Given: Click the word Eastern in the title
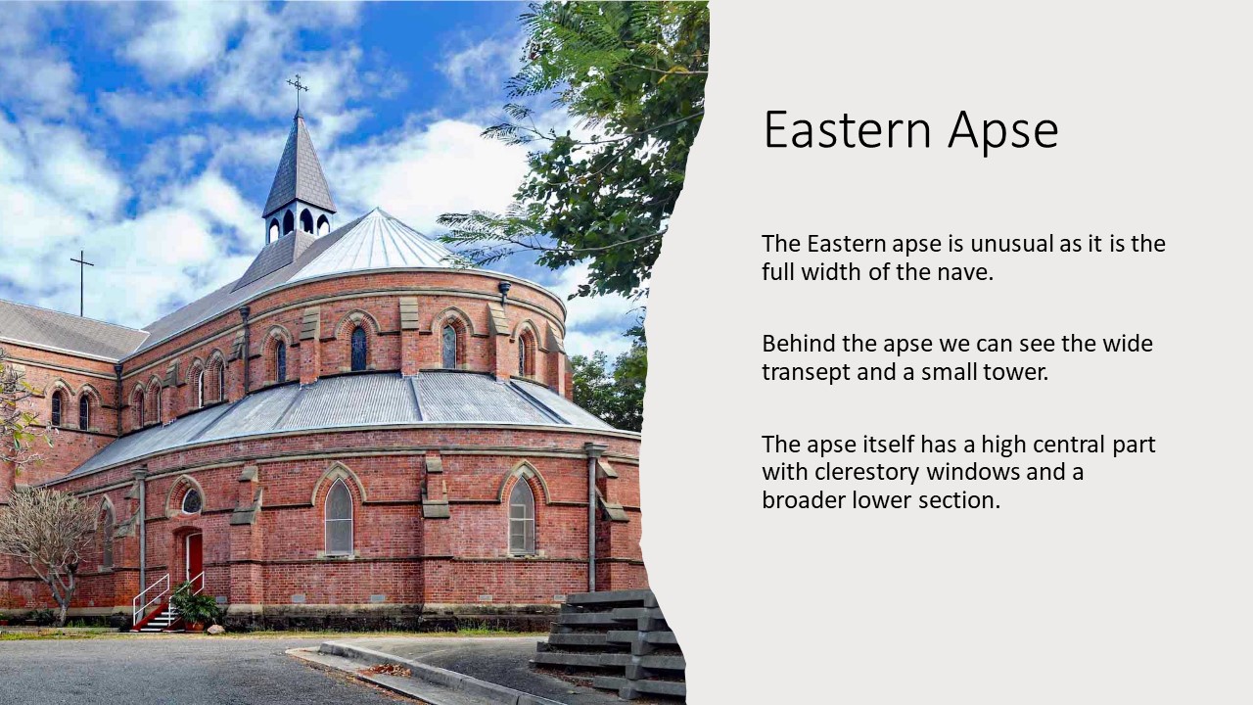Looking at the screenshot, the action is pos(848,130).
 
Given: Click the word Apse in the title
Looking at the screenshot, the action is pos(1003,132).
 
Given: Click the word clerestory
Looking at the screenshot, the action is pos(867,473).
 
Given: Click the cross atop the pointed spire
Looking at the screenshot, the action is pos(297,92).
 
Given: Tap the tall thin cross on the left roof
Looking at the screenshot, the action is pos(82,283).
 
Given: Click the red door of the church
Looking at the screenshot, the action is pos(194,557).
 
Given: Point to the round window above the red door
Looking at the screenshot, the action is pos(191,501).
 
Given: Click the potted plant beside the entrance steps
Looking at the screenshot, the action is pos(195,607).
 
